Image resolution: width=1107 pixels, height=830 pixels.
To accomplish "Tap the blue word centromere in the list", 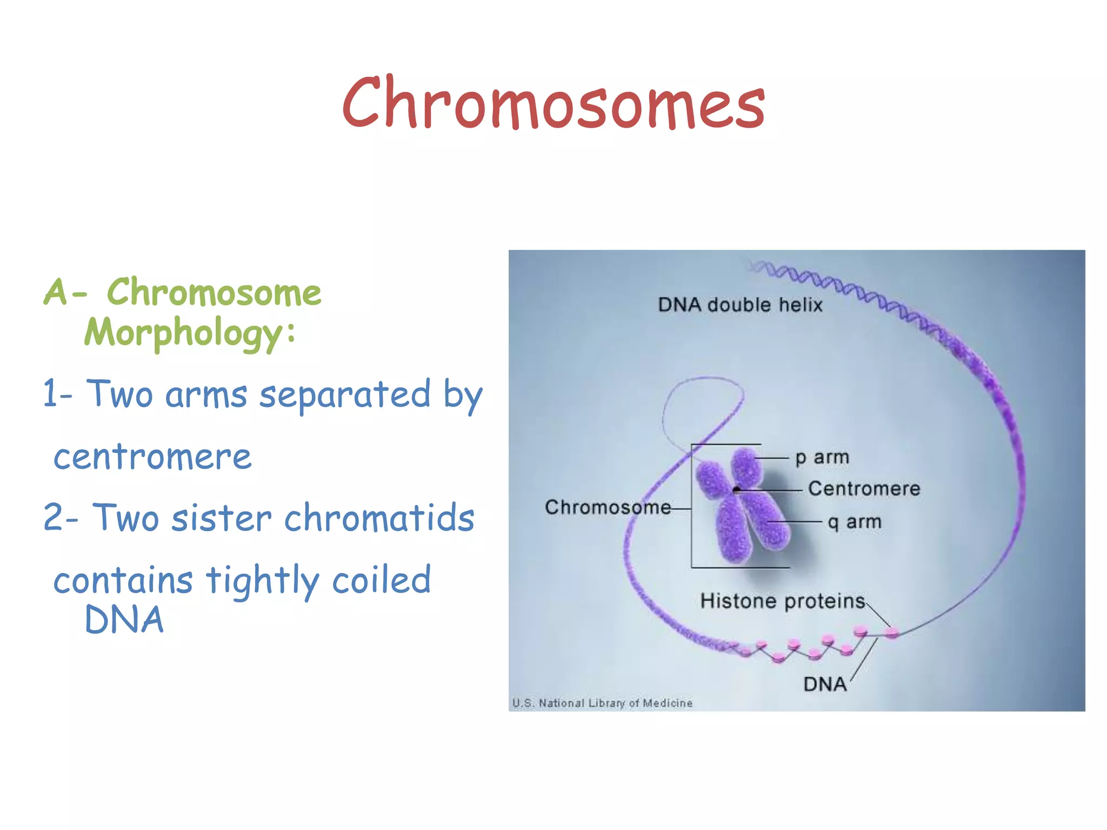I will pos(152,457).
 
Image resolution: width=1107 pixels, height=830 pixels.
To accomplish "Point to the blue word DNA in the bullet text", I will pos(124,619).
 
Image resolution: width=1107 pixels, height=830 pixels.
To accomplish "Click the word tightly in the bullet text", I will pos(263,581).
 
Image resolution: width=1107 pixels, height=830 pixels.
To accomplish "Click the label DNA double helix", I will pos(740,305).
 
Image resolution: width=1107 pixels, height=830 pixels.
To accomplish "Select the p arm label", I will pos(822,458).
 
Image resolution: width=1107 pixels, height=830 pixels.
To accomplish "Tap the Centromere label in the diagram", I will pos(864,488).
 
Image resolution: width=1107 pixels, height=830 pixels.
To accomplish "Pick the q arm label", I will pos(855,522).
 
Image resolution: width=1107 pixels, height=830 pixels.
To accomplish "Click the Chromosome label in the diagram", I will pos(608,507).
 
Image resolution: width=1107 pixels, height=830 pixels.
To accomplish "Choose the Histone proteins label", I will pos(782,601).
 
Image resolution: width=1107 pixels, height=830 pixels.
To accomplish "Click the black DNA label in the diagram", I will pos(825,684).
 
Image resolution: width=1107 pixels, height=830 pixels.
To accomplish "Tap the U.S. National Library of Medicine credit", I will pos(602,703).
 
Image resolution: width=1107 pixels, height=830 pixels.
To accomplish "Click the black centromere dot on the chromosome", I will pos(736,490).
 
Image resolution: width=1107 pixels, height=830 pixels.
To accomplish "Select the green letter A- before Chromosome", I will pos(64,292).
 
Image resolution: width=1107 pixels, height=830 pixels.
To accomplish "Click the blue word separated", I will pos(345,394).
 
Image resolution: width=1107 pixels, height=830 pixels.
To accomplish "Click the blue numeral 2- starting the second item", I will pos(59,518).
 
